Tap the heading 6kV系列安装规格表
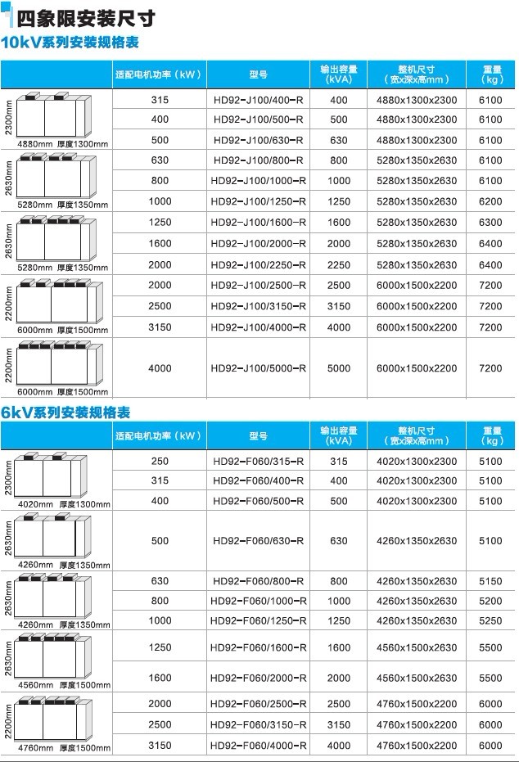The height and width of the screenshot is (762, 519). click(x=66, y=412)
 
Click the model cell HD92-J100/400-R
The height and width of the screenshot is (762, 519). click(x=258, y=99)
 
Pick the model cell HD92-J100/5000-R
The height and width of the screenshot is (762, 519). click(x=258, y=368)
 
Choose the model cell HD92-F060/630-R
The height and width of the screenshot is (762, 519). click(x=258, y=541)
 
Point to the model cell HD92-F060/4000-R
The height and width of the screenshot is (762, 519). click(x=258, y=746)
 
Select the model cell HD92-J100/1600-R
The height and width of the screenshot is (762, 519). click(x=258, y=223)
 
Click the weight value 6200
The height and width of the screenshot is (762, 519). click(x=490, y=201)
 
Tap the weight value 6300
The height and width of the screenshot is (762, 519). click(x=490, y=223)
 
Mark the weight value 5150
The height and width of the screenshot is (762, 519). click(x=490, y=581)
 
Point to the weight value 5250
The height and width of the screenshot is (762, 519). click(x=490, y=620)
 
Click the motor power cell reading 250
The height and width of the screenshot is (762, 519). click(x=160, y=462)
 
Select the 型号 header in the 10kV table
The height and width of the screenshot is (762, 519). click(x=258, y=74)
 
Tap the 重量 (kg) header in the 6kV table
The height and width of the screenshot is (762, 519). click(x=491, y=435)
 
